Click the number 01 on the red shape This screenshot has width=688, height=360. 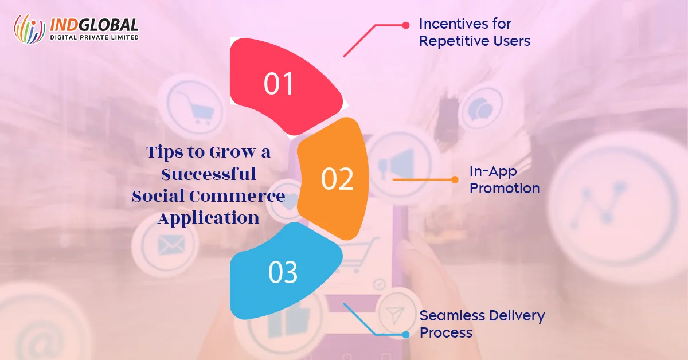tap(279, 84)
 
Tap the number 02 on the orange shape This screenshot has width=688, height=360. tap(337, 179)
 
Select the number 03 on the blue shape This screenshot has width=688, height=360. tap(283, 272)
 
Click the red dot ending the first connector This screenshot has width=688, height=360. tap(406, 25)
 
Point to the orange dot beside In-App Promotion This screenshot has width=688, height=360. tap(455, 179)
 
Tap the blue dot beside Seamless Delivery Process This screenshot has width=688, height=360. tap(406, 335)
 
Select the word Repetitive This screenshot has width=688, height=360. tap(454, 41)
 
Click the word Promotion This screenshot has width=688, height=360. tap(505, 188)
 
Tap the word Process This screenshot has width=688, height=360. tap(446, 332)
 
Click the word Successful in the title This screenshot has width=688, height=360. tap(209, 174)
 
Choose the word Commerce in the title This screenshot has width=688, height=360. tap(237, 196)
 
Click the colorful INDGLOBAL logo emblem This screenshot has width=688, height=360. tap(29, 29)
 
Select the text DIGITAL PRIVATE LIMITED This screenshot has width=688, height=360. tap(94, 37)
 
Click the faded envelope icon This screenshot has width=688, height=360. tap(171, 246)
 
